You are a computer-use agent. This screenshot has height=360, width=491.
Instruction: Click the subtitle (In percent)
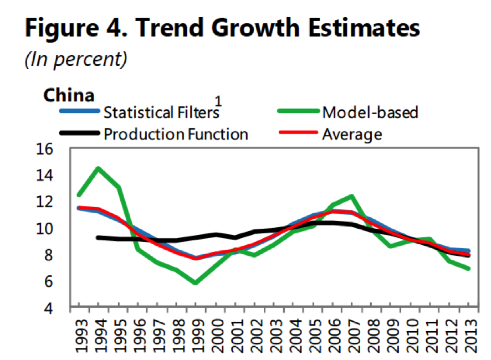click(x=76, y=60)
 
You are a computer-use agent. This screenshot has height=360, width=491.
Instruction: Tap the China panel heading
click(x=69, y=95)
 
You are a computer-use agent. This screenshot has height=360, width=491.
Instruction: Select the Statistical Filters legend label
click(x=161, y=112)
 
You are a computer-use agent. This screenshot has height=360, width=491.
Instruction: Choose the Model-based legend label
click(x=370, y=112)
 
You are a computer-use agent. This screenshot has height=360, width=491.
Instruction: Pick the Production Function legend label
click(x=176, y=133)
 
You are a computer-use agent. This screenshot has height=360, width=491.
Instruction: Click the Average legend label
click(x=352, y=133)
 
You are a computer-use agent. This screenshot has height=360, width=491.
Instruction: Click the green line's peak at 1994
click(x=98, y=168)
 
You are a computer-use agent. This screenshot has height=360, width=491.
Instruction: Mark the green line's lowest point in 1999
click(x=195, y=283)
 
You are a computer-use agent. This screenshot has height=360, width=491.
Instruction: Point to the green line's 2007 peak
click(x=351, y=196)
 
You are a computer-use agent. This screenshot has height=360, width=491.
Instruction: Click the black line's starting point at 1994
click(x=98, y=238)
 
